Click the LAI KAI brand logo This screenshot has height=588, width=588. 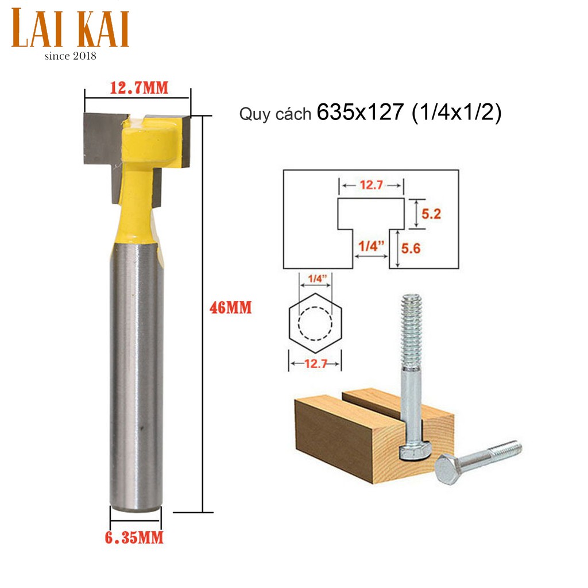click(71, 29)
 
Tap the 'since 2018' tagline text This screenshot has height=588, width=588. click(71, 56)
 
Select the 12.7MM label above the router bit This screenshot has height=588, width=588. click(139, 88)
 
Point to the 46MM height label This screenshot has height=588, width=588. click(231, 308)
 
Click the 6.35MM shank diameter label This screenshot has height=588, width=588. click(134, 537)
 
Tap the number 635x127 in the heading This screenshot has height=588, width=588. click(360, 112)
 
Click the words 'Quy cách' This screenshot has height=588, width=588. click(275, 114)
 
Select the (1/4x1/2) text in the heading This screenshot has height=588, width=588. click(457, 112)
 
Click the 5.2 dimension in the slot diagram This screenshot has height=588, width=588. click(431, 214)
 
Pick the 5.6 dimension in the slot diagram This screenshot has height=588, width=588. click(411, 248)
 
